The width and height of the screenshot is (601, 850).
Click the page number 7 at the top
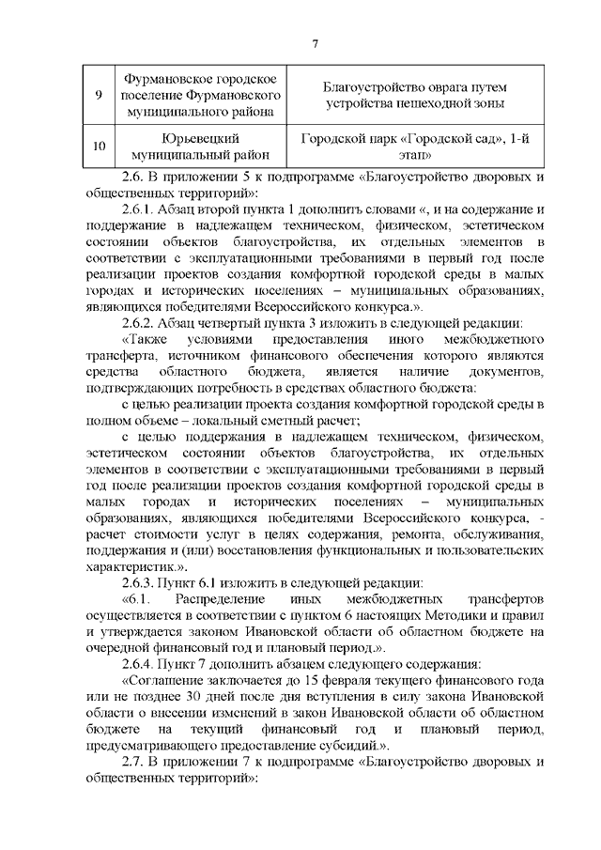[316, 43]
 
